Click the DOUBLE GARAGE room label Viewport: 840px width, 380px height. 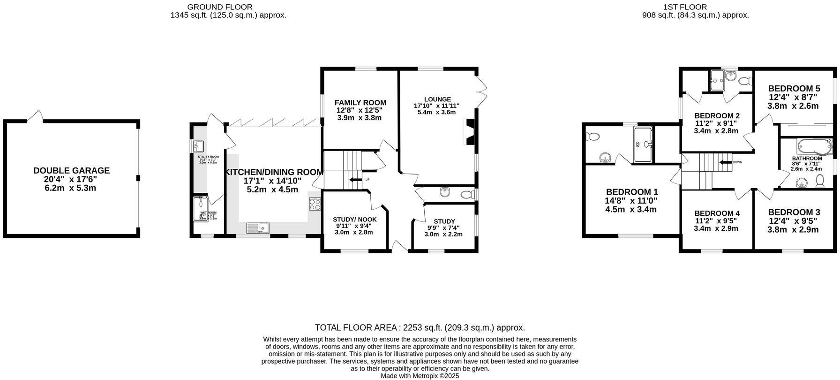tap(72, 171)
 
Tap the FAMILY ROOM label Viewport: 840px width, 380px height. tap(360, 103)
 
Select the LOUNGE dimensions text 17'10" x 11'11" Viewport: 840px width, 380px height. tap(436, 106)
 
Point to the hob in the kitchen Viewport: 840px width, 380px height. tap(315, 204)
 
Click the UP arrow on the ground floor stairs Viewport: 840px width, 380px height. tap(356, 180)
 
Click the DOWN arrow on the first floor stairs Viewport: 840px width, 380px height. tap(726, 162)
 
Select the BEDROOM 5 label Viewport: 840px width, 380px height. tap(794, 89)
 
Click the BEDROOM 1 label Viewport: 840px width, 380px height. tap(632, 192)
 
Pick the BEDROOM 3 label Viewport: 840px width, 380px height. tap(794, 212)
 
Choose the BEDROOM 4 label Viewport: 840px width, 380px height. tap(717, 213)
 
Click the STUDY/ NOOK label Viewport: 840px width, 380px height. tap(354, 220)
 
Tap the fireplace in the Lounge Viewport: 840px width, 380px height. tap(469, 131)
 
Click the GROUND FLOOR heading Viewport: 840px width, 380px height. tap(219, 7)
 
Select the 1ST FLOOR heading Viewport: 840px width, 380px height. tap(685, 7)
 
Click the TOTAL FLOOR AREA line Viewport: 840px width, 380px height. tap(420, 327)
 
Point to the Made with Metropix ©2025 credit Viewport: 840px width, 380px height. tap(420, 376)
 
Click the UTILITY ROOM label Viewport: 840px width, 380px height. tap(208, 157)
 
